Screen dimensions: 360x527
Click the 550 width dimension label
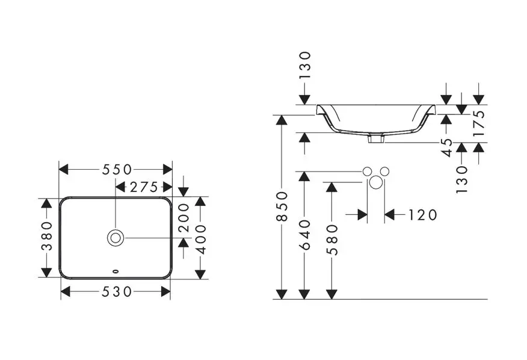click(x=117, y=170)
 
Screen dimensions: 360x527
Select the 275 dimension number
click(x=144, y=187)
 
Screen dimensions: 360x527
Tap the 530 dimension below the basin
click(x=117, y=292)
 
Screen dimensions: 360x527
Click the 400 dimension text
click(x=200, y=239)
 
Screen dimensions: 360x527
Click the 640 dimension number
click(x=305, y=235)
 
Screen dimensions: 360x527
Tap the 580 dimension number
click(x=331, y=239)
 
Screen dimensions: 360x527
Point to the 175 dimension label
click(x=479, y=124)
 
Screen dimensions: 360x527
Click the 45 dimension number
click(x=446, y=147)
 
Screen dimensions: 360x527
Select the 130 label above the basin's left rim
click(x=305, y=65)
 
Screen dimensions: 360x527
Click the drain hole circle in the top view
click(x=116, y=237)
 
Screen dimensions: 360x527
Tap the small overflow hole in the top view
click(x=116, y=270)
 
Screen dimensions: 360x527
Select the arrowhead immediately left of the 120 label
click(x=390, y=215)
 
